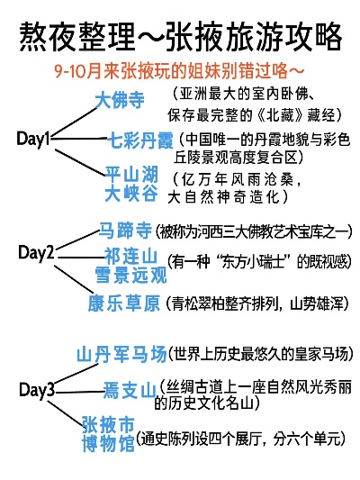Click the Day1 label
pyautogui.click(x=32, y=139)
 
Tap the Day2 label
pyautogui.click(x=36, y=253)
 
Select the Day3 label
pyautogui.click(x=37, y=390)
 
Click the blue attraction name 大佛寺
pyautogui.click(x=120, y=99)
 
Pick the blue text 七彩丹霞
pyautogui.click(x=141, y=140)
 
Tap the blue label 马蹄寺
pyautogui.click(x=125, y=230)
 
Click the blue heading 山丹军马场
pyautogui.click(x=121, y=354)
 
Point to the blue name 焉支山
pyautogui.click(x=130, y=390)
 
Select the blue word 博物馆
pyautogui.click(x=108, y=443)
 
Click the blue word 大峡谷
pyautogui.click(x=131, y=194)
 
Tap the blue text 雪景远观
pyautogui.click(x=130, y=275)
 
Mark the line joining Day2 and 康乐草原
pyautogui.click(x=74, y=279)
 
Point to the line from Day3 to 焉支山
pyautogui.click(x=80, y=392)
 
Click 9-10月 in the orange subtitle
pyautogui.click(x=70, y=72)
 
